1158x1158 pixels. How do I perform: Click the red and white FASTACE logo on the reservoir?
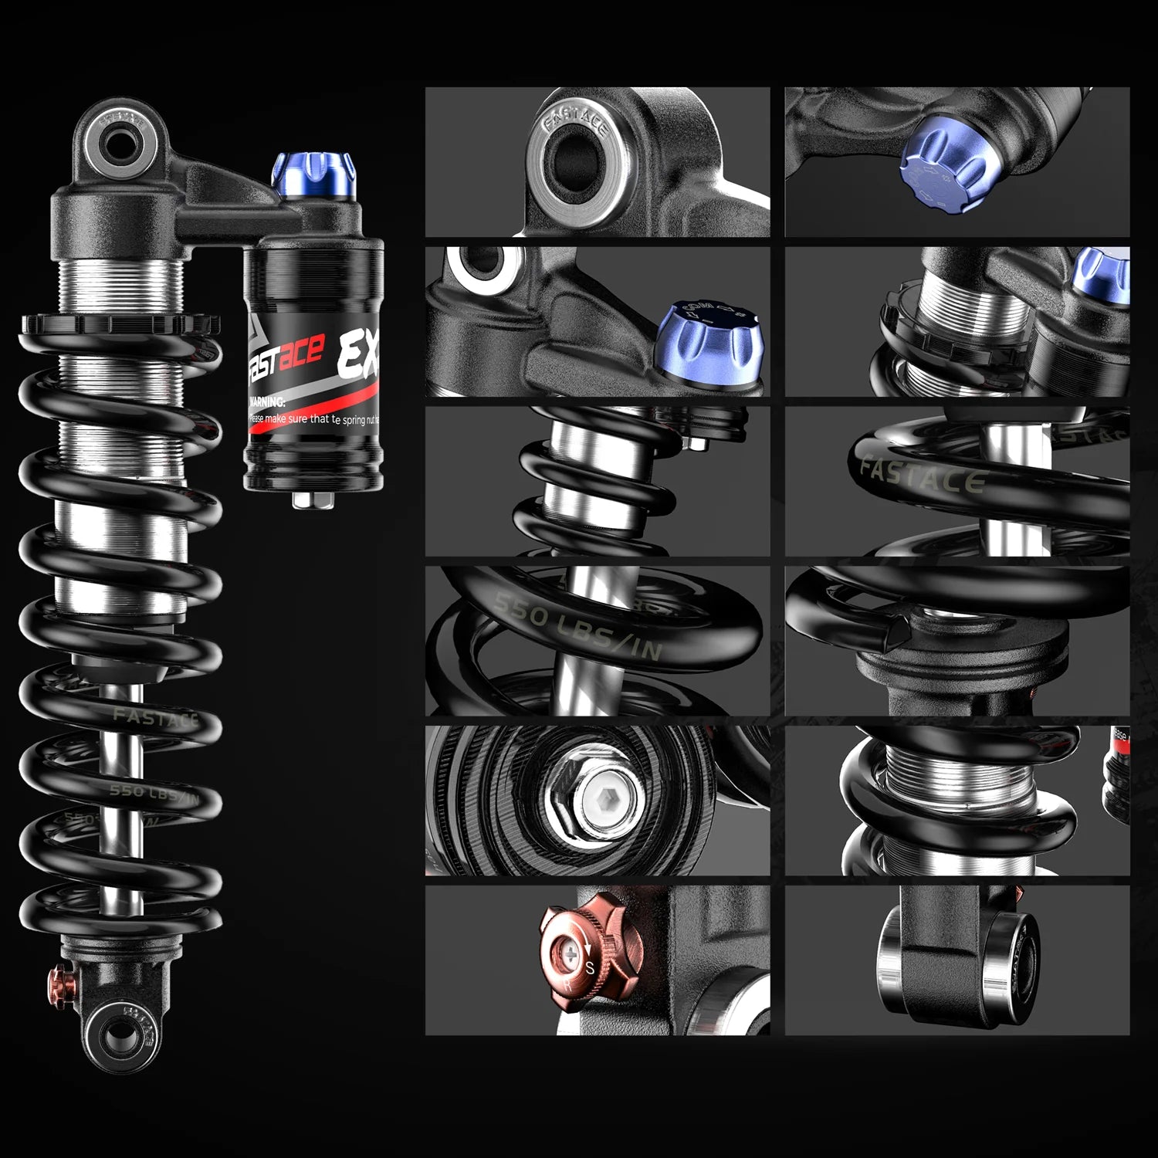pyautogui.click(x=284, y=357)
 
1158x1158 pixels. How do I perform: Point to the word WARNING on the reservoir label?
pyautogui.click(x=267, y=402)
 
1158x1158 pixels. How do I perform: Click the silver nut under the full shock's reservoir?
pyautogui.click(x=309, y=499)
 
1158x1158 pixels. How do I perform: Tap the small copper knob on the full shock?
pyautogui.click(x=59, y=981)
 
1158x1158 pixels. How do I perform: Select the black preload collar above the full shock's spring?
pyautogui.click(x=120, y=322)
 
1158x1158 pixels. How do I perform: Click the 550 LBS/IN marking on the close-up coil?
pyautogui.click(x=578, y=626)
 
